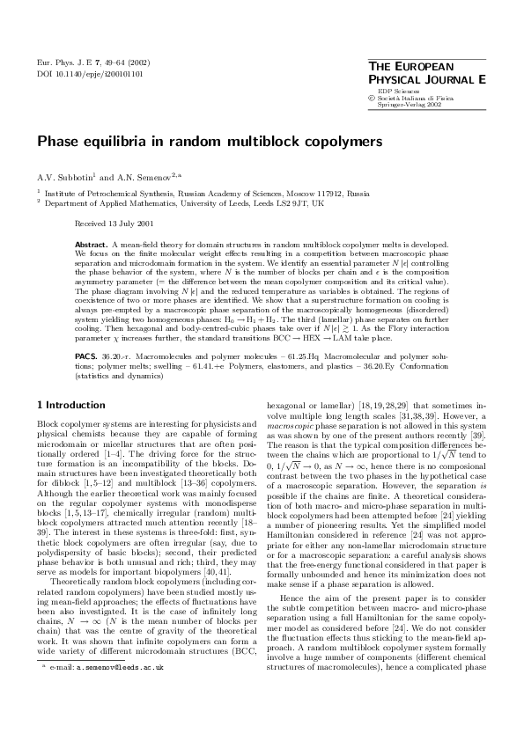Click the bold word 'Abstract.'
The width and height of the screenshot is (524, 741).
(91, 243)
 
